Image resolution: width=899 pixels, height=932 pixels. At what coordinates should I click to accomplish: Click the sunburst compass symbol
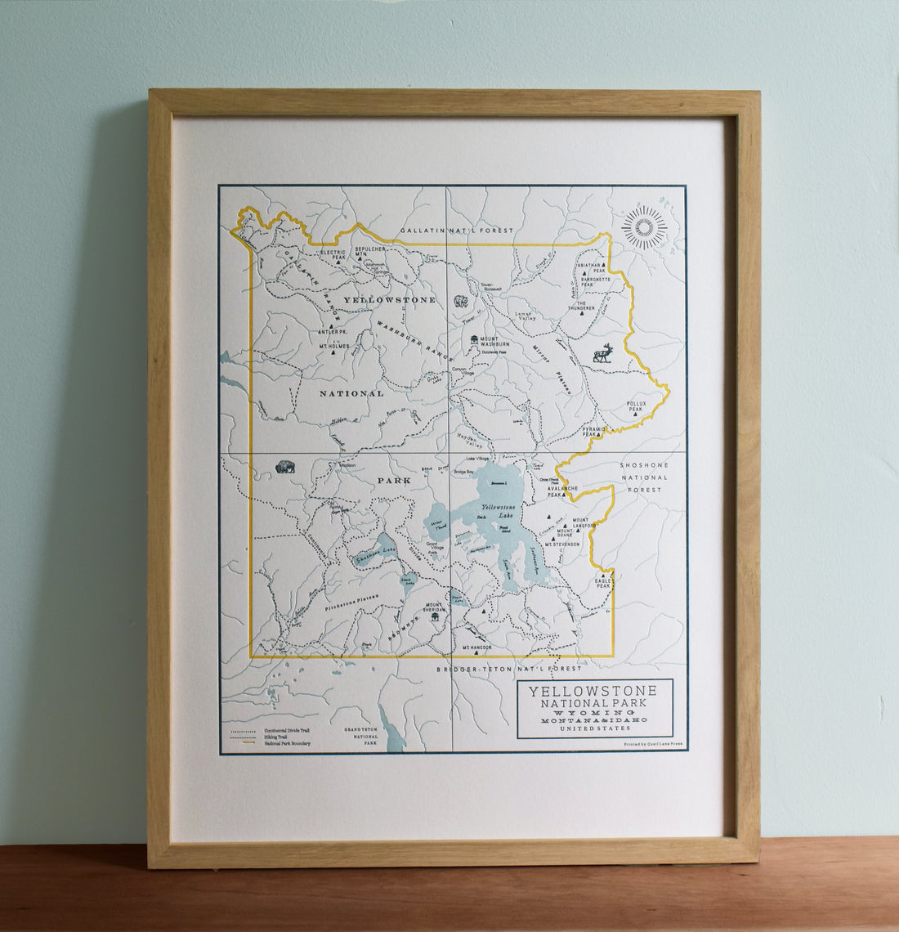644,226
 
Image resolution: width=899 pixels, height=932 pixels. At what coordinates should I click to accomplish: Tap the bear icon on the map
461,302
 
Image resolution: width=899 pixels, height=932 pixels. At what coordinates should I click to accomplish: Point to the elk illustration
603,353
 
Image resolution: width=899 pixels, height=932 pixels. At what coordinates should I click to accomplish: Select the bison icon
285,467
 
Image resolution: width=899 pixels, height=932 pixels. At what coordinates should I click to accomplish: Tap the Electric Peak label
333,254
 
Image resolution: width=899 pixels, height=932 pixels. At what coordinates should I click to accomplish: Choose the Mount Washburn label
496,341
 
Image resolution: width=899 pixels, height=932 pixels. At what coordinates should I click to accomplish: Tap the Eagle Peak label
603,583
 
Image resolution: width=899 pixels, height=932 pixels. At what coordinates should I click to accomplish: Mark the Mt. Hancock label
477,647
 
